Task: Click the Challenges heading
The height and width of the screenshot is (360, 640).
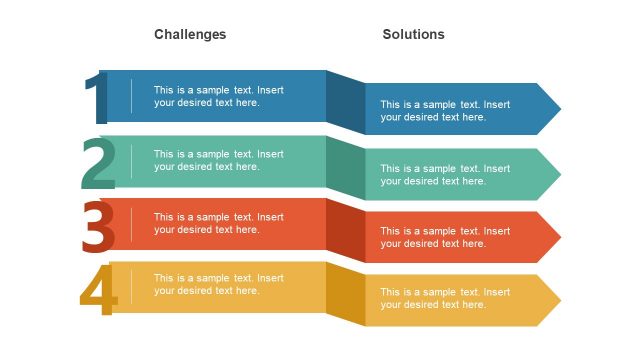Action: (190, 34)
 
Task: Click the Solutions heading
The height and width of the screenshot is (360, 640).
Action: (413, 34)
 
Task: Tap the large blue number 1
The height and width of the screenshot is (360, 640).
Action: (96, 99)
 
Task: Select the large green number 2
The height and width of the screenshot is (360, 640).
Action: (98, 165)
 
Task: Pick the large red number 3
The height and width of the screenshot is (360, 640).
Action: (98, 228)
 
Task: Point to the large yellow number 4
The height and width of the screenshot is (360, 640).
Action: (98, 291)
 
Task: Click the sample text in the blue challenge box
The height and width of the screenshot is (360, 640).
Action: (218, 96)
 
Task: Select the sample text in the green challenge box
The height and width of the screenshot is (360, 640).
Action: (218, 160)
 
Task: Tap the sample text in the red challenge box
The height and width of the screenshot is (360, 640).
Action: (218, 223)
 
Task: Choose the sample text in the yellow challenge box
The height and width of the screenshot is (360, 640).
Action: (218, 284)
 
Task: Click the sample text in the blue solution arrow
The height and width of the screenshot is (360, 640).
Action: (445, 110)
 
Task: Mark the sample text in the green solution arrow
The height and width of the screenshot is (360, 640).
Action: (445, 174)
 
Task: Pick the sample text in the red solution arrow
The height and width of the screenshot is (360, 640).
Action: (445, 237)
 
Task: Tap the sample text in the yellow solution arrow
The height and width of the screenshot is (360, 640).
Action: (445, 298)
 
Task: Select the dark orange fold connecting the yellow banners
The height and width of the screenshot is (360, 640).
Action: (345, 295)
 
